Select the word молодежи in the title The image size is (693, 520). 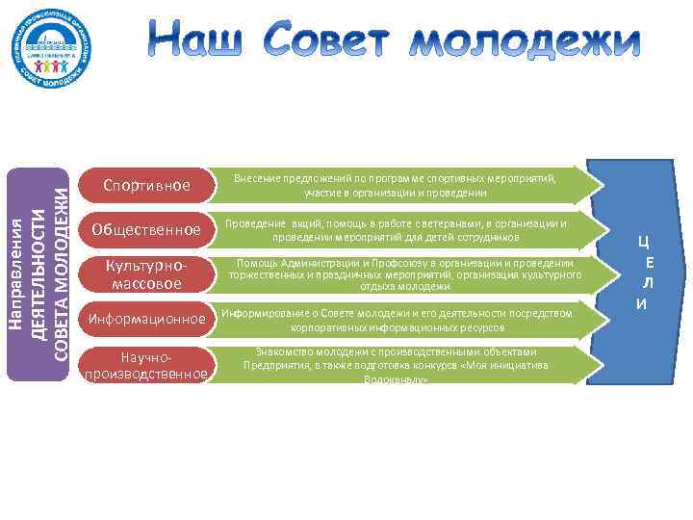[520, 41]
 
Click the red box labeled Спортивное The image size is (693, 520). [147, 184]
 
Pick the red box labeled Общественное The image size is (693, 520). [147, 229]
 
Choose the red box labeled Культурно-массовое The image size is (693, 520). [147, 273]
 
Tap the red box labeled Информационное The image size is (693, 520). [147, 319]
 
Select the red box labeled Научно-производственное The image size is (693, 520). [147, 364]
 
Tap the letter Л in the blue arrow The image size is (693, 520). [649, 283]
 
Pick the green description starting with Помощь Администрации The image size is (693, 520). [403, 274]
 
